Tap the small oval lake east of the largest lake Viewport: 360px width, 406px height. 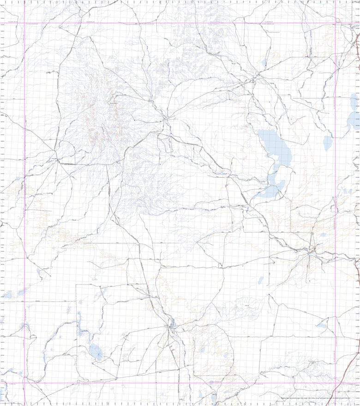pyautogui.click(x=328, y=142)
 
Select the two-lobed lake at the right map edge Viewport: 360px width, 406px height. pyautogui.click(x=353, y=113)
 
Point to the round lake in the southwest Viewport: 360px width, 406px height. pyautogui.click(x=96, y=352)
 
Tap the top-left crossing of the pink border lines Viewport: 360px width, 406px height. pyautogui.click(x=24, y=23)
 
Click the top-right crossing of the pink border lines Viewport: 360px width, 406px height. pyautogui.click(x=336, y=23)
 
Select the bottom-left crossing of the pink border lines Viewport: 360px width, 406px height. pyautogui.click(x=24, y=382)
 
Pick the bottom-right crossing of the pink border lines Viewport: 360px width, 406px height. pyautogui.click(x=336, y=382)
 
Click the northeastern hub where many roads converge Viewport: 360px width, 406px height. pyautogui.click(x=253, y=81)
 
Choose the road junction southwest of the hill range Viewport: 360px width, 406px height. pyautogui.click(x=57, y=160)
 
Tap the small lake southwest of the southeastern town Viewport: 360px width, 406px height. pyautogui.click(x=261, y=280)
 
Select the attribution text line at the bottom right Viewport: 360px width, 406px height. pyautogui.click(x=318, y=399)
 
